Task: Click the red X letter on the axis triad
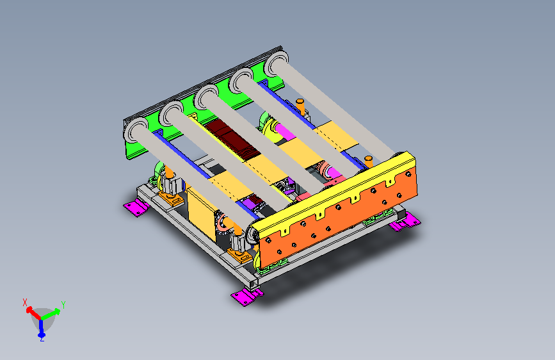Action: click(x=25, y=302)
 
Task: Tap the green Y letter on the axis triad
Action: click(x=63, y=304)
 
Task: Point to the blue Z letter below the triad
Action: click(x=42, y=340)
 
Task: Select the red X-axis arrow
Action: click(x=34, y=313)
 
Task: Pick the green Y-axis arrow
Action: click(x=51, y=315)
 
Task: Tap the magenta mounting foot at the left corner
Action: click(x=136, y=207)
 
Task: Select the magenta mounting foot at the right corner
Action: click(x=405, y=222)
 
